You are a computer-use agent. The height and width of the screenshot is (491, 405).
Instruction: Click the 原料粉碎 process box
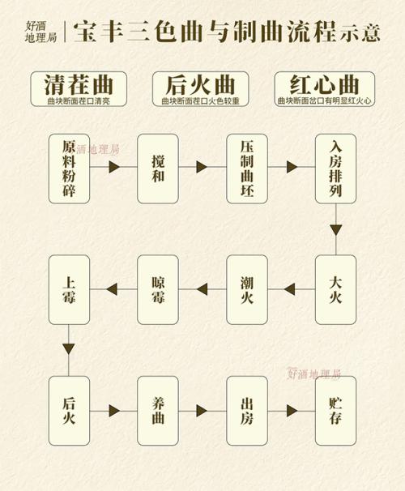pos(69,169)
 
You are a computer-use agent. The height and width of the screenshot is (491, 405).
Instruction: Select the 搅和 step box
pos(158,169)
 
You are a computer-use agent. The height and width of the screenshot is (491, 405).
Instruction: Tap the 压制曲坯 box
pos(247,169)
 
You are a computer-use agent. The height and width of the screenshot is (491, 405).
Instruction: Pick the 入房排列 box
pos(336,169)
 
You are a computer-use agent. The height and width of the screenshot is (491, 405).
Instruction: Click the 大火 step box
pos(336,289)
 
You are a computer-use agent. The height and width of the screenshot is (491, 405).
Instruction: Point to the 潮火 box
pos(247,289)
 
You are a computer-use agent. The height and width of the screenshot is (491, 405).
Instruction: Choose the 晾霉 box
pos(158,289)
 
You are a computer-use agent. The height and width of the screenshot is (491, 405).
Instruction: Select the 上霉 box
pos(69,289)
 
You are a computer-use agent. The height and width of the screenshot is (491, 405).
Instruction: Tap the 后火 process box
pos(69,411)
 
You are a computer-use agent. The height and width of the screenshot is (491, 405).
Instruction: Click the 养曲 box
pos(158,411)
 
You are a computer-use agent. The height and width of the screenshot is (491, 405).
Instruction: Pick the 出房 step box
pos(247,411)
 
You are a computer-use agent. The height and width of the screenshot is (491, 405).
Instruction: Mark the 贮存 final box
pos(336,411)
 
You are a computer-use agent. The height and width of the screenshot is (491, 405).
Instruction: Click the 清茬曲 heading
pos(79,85)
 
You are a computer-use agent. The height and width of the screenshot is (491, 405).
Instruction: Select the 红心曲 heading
pos(325,85)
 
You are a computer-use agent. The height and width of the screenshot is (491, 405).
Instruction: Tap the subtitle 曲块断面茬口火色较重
pos(201,101)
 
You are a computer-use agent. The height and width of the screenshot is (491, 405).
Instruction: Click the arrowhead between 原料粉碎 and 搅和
pos(114,167)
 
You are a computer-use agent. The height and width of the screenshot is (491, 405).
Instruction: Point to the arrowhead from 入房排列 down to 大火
pos(336,230)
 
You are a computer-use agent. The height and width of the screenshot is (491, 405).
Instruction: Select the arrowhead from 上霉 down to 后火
pos(69,349)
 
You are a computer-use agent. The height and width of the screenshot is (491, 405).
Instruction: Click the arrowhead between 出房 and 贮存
pos(292,411)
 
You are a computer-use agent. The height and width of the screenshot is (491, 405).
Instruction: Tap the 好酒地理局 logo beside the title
pos(41,32)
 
